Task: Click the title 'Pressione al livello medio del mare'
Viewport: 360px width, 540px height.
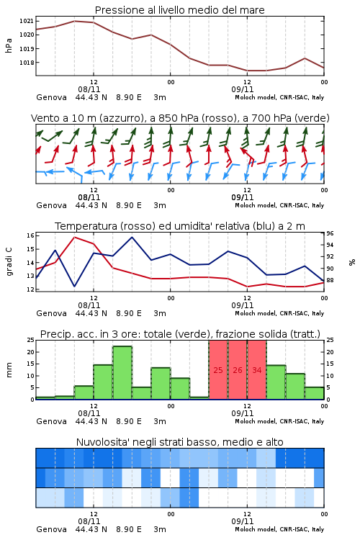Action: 179,10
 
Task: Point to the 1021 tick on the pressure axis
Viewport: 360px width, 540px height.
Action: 27,21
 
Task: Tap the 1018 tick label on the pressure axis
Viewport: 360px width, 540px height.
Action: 27,63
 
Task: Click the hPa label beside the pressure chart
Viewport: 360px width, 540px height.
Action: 9,45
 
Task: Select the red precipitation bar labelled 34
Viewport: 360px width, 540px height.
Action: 257,370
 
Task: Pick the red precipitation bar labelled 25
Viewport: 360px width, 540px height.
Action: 218,370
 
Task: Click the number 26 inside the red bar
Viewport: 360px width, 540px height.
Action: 238,370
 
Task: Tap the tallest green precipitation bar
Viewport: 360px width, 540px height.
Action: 122,373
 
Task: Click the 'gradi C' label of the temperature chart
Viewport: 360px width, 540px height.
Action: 9,262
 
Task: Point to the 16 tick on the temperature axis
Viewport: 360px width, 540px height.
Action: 30,235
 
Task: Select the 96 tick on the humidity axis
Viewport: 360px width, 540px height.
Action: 330,233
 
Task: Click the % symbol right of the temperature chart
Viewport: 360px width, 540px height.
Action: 352,262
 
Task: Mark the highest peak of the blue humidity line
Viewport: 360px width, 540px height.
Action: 132,237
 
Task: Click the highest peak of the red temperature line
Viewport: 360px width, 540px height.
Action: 75,238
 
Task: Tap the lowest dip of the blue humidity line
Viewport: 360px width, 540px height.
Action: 75,286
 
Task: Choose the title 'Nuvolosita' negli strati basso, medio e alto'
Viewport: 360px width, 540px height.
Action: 179,442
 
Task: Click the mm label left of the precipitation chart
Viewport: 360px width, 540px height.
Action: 9,370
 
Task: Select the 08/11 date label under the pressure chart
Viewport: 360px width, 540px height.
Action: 89,89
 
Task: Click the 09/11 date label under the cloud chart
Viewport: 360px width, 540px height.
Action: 243,521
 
